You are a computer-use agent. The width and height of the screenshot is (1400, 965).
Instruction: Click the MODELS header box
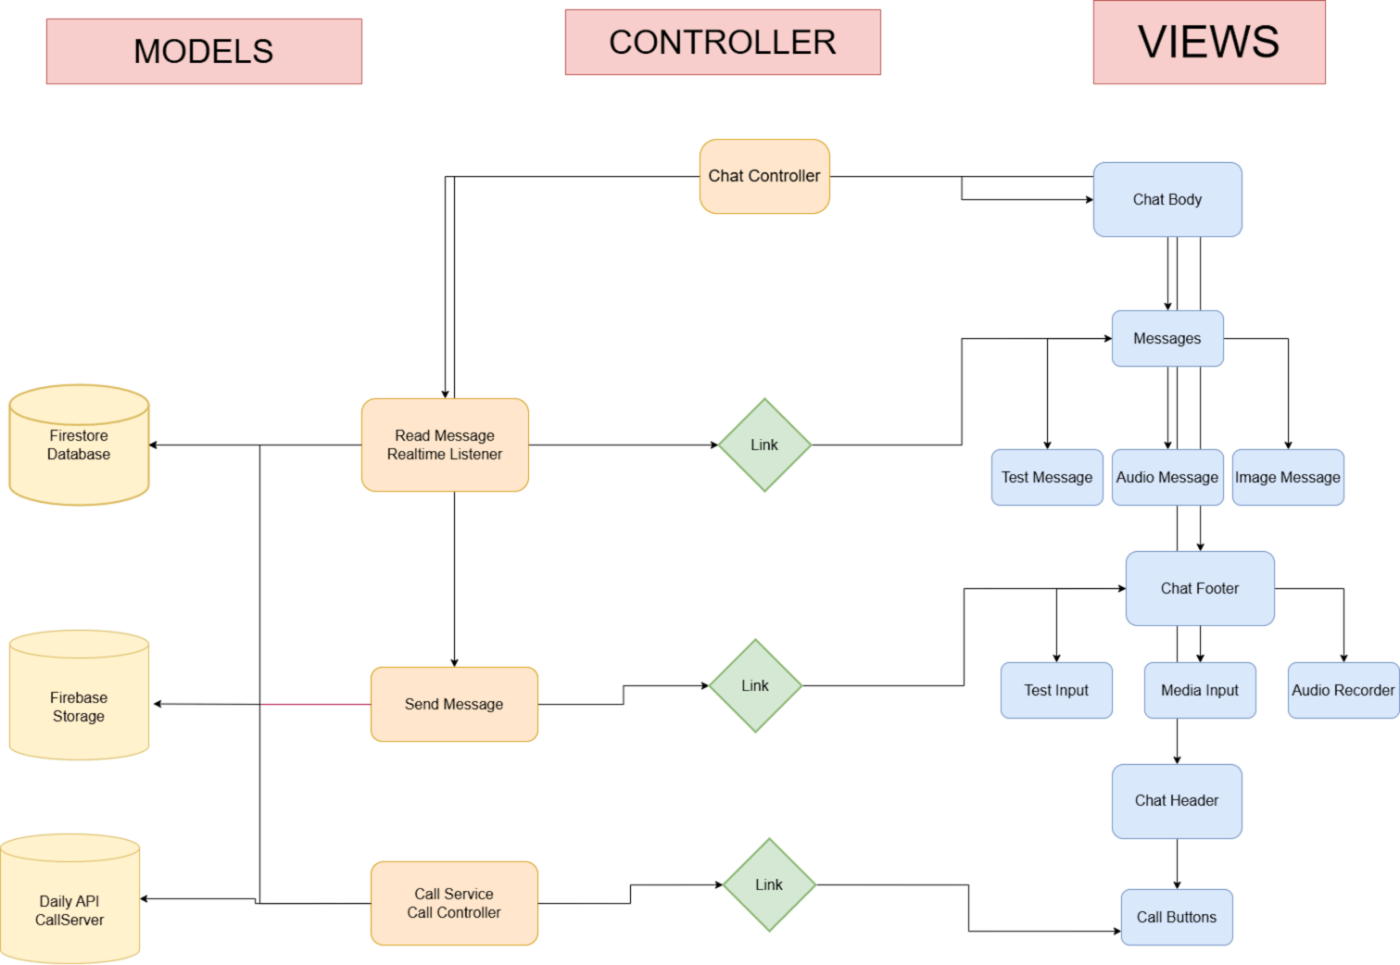tap(204, 51)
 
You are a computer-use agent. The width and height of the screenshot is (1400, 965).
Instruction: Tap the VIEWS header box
tap(1209, 42)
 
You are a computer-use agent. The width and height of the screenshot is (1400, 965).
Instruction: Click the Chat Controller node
tap(764, 176)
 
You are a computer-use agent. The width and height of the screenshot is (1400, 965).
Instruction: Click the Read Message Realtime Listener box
tap(445, 445)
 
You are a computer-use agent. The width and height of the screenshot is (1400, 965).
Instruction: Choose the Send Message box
tap(454, 704)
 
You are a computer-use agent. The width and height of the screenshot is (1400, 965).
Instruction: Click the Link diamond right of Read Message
tap(765, 445)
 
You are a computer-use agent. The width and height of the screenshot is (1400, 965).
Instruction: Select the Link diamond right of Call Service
tap(769, 884)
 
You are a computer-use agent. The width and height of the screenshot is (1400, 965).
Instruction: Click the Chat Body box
tap(1167, 199)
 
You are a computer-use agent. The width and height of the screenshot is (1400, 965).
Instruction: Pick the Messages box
tap(1167, 339)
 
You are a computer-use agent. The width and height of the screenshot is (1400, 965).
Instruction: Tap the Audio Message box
tap(1167, 477)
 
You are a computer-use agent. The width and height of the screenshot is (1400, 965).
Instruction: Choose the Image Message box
tap(1288, 477)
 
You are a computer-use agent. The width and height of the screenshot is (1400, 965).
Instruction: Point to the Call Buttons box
tap(1177, 917)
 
